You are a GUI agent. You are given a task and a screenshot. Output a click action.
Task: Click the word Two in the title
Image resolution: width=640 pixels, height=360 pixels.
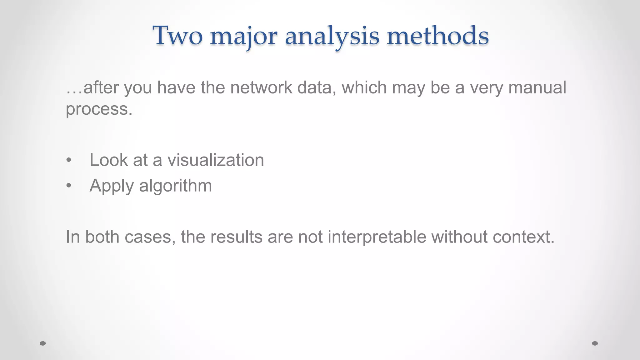177,36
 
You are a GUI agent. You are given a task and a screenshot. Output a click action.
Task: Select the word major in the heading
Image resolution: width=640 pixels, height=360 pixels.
243,36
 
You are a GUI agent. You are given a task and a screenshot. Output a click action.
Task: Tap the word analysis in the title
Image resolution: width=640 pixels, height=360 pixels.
332,36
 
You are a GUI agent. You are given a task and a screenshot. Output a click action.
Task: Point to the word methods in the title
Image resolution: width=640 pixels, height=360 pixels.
437,36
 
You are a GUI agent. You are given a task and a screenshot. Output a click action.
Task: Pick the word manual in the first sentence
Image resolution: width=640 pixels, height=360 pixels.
537,87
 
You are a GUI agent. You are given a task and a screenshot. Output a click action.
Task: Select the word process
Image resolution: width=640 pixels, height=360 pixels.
99,109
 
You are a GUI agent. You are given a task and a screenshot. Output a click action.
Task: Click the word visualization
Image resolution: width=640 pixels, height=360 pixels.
216,160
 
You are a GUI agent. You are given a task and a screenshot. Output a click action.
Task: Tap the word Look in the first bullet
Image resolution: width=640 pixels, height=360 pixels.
109,160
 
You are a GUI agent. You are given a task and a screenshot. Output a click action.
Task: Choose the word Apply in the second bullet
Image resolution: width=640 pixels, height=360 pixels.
112,186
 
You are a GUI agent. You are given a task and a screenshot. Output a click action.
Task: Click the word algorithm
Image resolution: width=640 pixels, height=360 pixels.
175,186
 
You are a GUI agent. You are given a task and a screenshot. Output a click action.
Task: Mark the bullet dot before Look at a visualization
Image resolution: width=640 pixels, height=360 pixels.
69,161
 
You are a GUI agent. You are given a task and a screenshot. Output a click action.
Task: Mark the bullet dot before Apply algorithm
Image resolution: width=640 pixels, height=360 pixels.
69,186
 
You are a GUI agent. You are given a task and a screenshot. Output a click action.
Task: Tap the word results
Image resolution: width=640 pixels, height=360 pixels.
236,237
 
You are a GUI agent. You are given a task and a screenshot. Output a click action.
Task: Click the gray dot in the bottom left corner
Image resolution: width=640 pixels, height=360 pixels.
43,343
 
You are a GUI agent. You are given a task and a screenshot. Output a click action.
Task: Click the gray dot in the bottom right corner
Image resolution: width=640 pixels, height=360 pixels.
595,343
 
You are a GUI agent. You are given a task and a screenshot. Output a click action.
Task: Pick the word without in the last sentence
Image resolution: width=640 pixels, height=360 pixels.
459,237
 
